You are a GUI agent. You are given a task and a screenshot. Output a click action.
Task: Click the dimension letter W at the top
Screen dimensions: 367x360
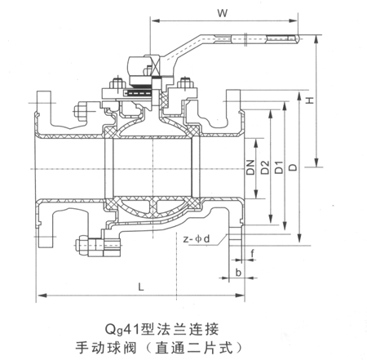[223, 13]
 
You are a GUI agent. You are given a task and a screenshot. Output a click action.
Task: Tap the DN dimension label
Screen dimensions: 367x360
[250, 167]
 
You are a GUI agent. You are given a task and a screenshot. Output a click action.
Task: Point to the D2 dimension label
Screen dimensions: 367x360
[264, 167]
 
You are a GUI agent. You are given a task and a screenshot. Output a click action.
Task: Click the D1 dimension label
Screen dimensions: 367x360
[279, 167]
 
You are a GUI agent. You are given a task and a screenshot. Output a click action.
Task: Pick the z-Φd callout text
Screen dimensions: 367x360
[197, 239]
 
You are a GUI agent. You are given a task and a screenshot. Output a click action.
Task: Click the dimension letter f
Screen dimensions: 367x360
[253, 254]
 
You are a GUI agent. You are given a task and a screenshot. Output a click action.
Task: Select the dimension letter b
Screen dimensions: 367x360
[238, 272]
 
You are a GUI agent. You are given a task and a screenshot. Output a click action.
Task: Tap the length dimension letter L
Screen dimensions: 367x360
[140, 287]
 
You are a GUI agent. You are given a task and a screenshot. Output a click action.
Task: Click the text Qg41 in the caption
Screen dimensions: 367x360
[122, 330]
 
